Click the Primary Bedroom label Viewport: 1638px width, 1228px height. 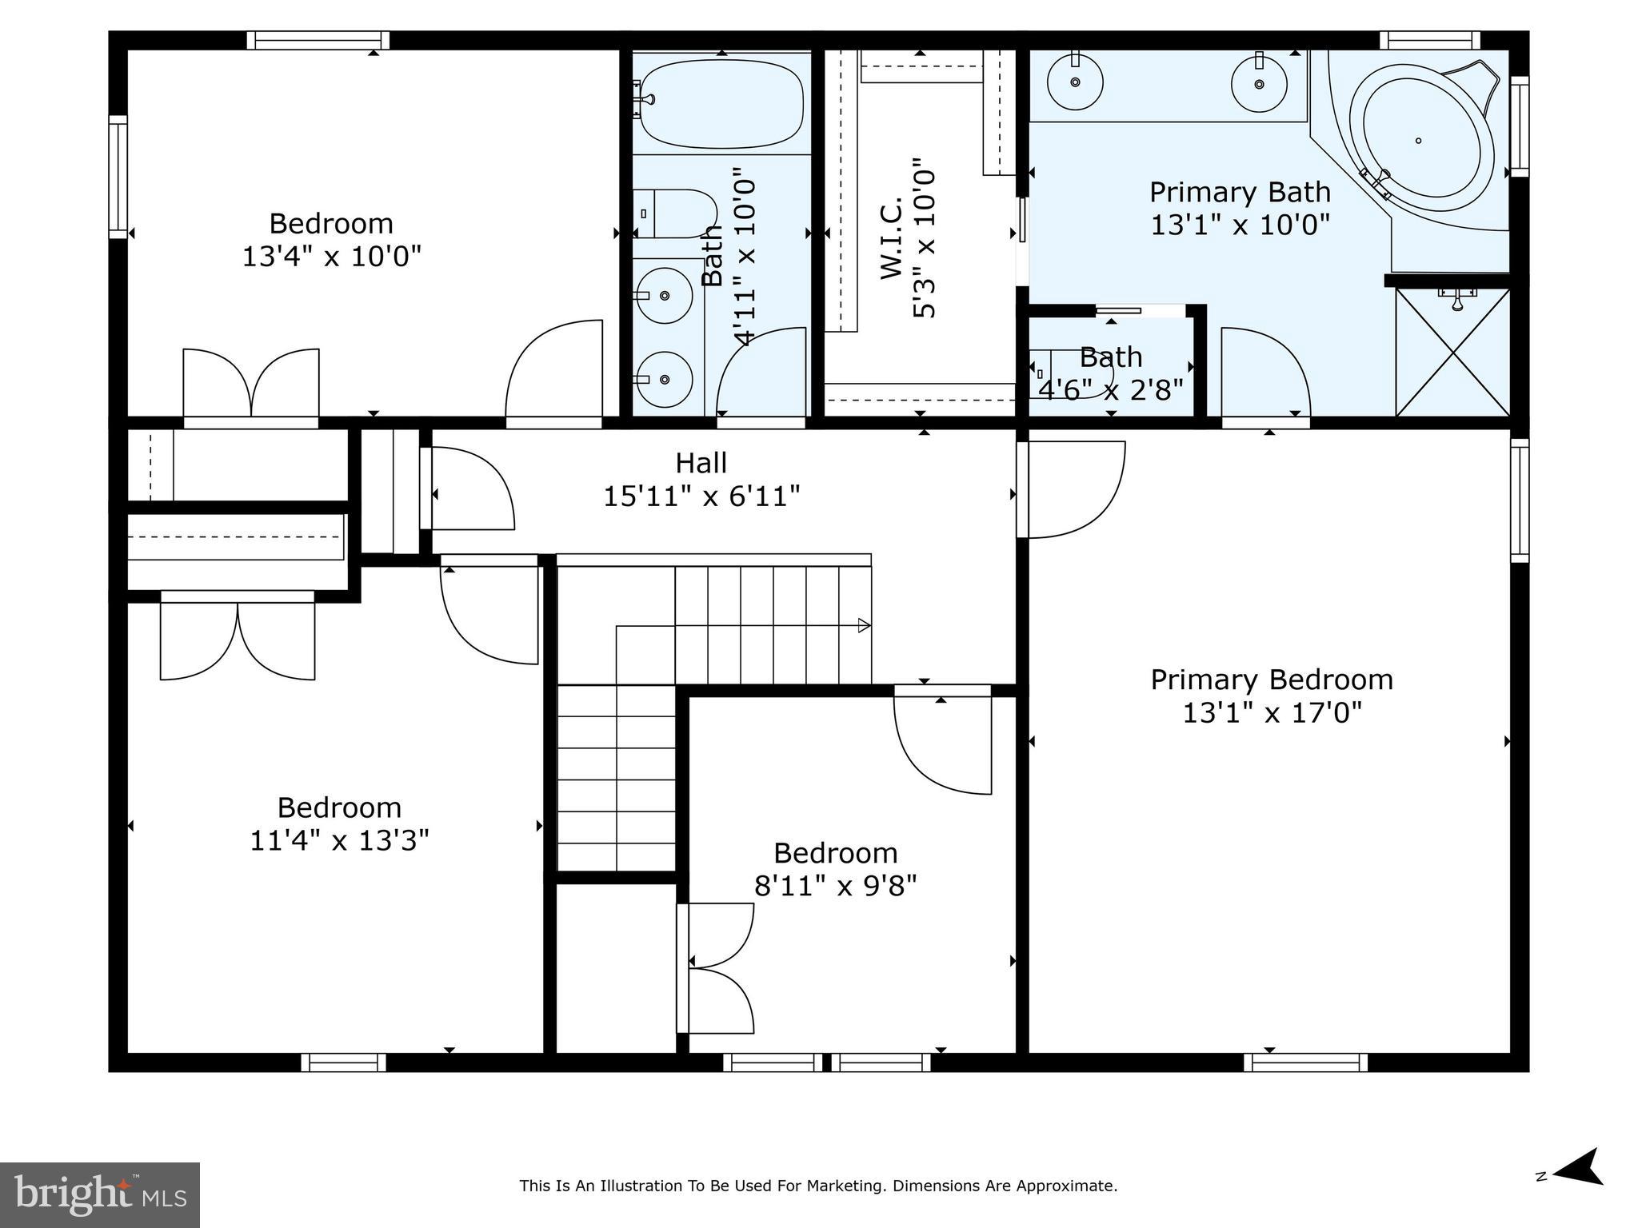tap(1272, 680)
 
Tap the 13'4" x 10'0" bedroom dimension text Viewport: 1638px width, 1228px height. tap(331, 257)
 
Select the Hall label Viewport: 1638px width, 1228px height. tap(701, 463)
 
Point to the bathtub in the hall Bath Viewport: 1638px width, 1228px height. tap(721, 104)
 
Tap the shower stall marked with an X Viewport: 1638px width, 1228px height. tap(1452, 353)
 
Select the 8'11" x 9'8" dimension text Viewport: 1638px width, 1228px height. tap(835, 886)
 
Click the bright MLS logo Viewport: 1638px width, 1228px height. tap(99, 1195)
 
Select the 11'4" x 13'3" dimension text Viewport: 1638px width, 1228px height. tap(339, 841)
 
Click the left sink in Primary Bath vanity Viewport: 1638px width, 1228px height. tap(1076, 82)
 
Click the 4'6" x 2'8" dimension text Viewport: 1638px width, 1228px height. tap(1110, 389)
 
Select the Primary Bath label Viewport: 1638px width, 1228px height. tap(1240, 193)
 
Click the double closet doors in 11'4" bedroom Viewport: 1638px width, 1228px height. tap(238, 640)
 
